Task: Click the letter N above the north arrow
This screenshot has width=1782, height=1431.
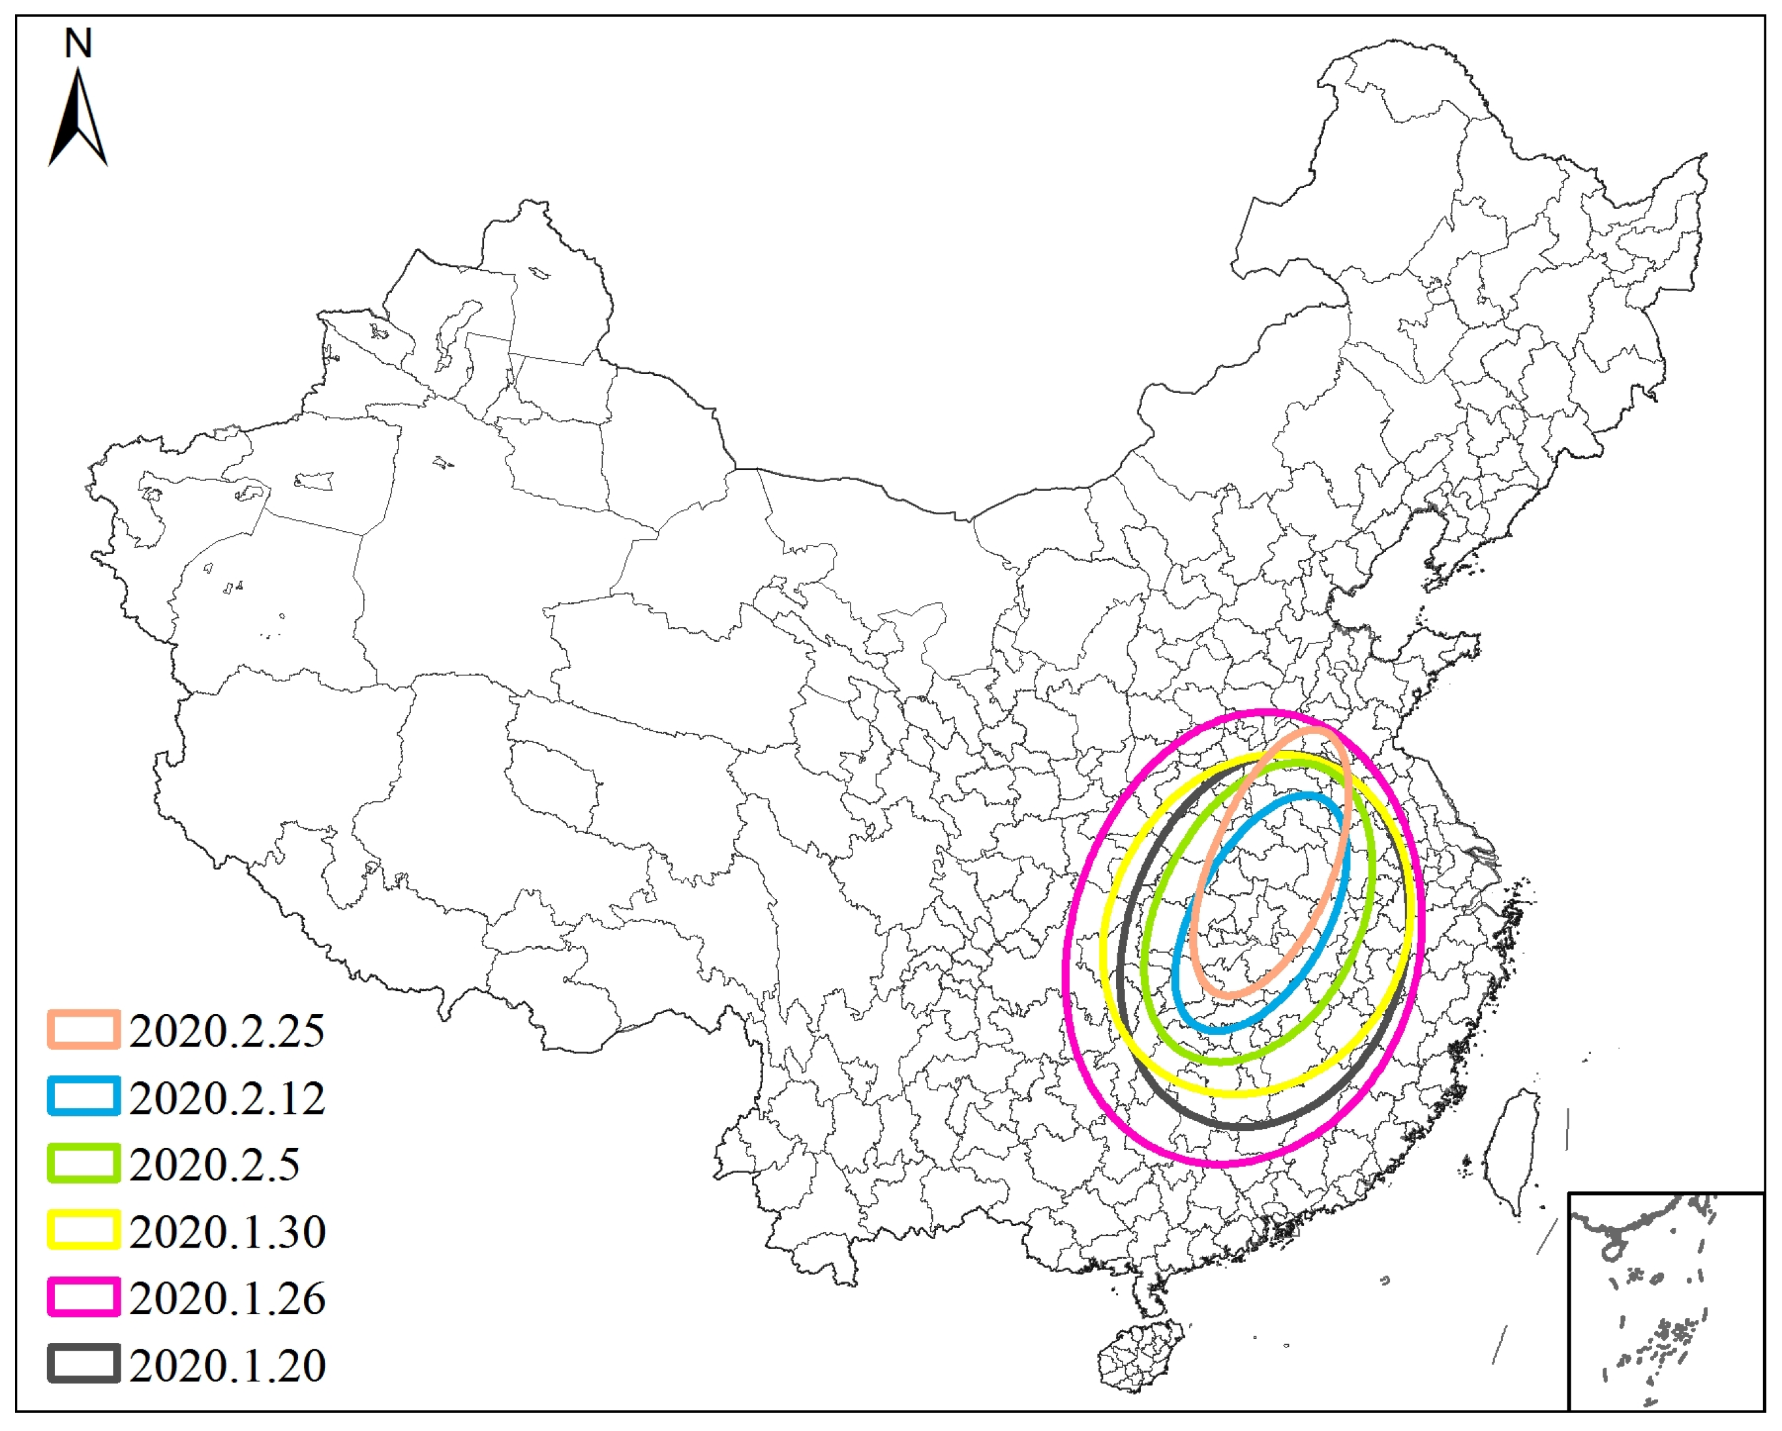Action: point(78,44)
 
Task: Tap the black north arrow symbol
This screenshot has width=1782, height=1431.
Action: point(78,120)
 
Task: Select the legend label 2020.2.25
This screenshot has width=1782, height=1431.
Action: point(226,1031)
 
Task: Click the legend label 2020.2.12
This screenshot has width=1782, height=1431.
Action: point(226,1098)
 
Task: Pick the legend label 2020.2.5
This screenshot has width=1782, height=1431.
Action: point(214,1165)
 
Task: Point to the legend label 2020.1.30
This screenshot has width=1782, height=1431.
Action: point(226,1232)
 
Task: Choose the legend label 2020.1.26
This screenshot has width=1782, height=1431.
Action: point(226,1299)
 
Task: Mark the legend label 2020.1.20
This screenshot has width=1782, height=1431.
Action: point(226,1366)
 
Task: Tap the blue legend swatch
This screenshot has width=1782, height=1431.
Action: point(83,1097)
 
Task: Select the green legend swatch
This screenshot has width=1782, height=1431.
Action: point(83,1164)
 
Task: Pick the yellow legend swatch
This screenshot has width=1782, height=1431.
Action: point(83,1231)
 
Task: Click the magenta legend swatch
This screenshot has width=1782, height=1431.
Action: point(83,1298)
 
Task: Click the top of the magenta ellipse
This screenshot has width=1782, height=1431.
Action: point(1265,712)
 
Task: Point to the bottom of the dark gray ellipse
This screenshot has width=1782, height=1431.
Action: point(1244,1126)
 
